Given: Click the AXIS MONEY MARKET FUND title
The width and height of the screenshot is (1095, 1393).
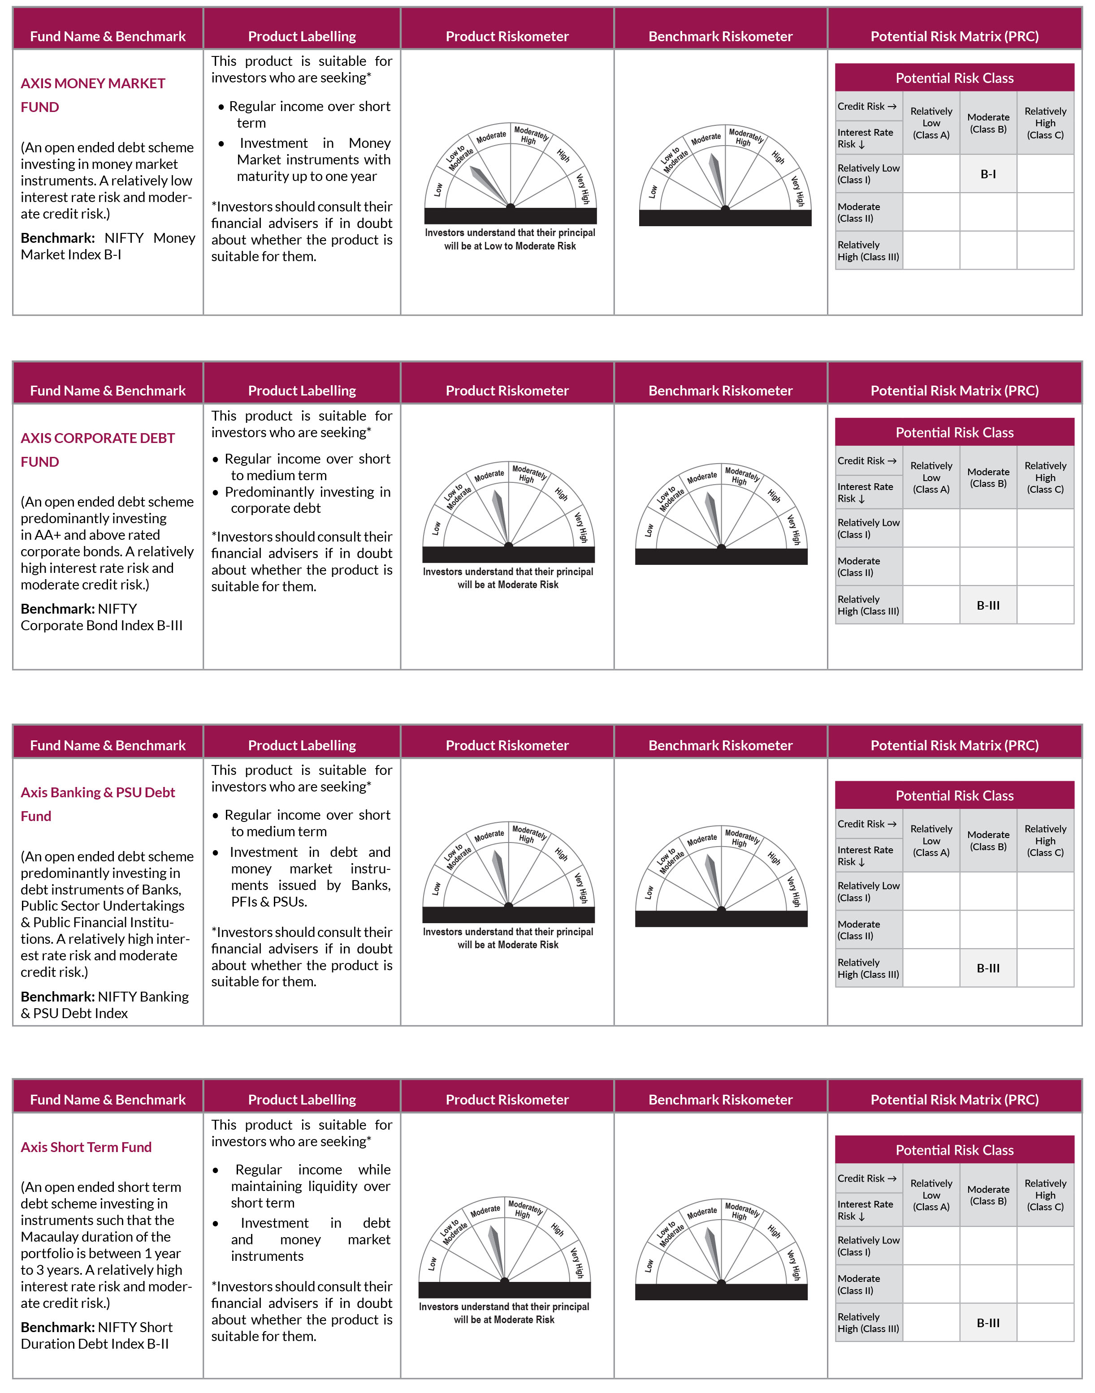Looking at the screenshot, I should click(92, 95).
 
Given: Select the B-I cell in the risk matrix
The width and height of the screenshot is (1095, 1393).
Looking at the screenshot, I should click(988, 174).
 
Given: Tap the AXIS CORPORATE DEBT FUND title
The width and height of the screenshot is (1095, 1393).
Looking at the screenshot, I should click(97, 449).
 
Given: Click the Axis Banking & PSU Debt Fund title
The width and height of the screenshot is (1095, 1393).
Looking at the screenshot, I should click(97, 804).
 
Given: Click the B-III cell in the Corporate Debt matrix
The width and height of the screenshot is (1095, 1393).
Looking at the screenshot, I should click(988, 605).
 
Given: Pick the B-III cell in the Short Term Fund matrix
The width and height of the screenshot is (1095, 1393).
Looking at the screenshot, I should click(988, 1323).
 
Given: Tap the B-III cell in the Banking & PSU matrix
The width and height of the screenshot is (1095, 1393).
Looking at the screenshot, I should click(988, 968).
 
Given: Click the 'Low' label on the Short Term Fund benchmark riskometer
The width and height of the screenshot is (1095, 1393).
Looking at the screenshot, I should click(649, 1265).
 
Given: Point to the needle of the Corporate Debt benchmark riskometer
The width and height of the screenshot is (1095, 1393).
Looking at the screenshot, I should click(714, 516).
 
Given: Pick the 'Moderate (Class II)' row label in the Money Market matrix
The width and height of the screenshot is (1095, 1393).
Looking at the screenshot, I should click(859, 212).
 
